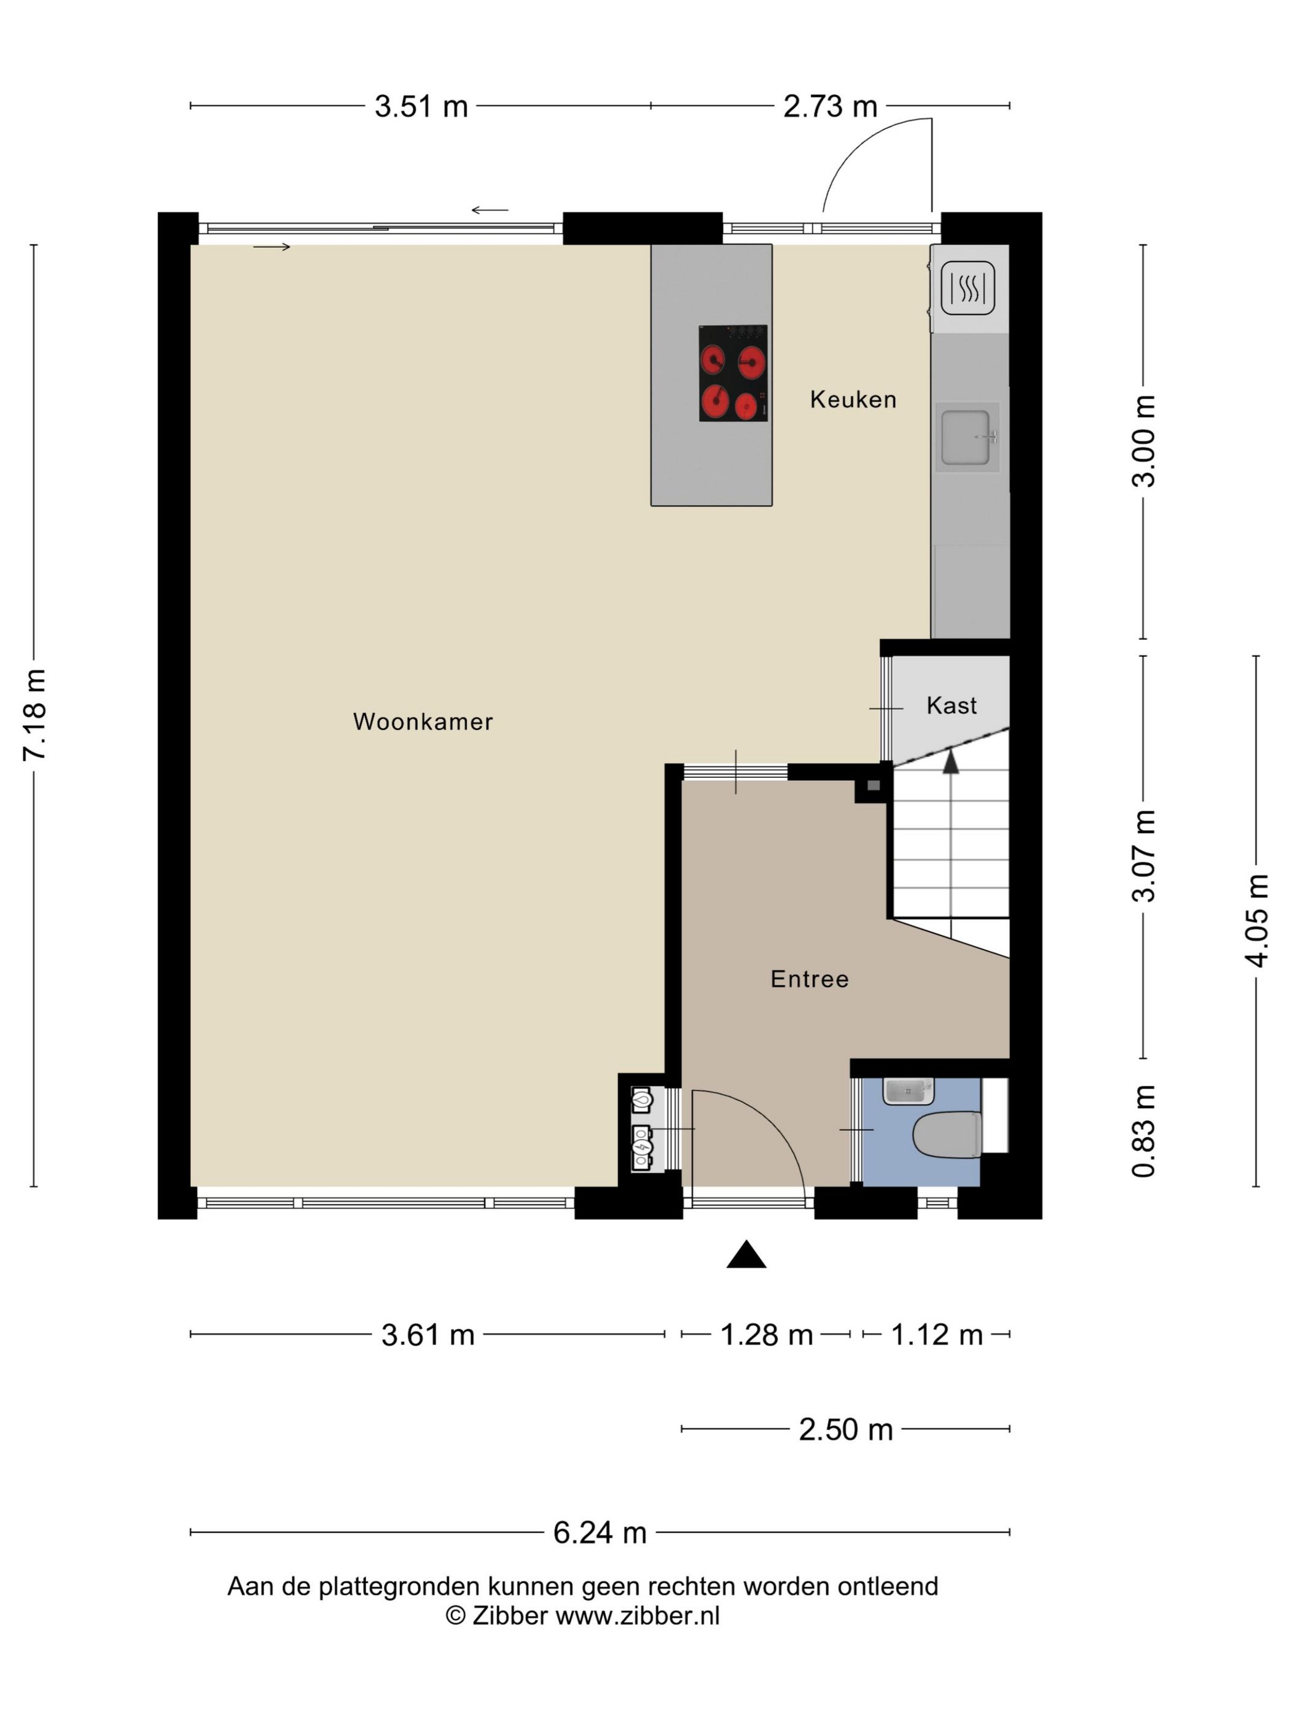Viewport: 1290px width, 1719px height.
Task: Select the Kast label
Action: (952, 705)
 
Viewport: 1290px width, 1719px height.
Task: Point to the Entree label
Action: (810, 979)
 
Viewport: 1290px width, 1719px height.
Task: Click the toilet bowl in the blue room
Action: (947, 1134)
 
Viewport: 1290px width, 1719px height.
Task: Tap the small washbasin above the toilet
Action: (908, 1091)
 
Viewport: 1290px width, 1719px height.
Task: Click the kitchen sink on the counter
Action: (966, 436)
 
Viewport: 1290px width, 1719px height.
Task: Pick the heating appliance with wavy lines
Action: (968, 287)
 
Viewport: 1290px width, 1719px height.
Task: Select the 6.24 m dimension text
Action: (600, 1532)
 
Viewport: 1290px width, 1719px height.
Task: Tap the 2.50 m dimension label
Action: (846, 1429)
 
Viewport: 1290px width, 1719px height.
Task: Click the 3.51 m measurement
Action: (421, 106)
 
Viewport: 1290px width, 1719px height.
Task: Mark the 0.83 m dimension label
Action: (1144, 1131)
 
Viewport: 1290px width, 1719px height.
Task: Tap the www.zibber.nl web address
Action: (638, 1616)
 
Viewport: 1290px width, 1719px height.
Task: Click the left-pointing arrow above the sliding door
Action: (490, 210)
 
